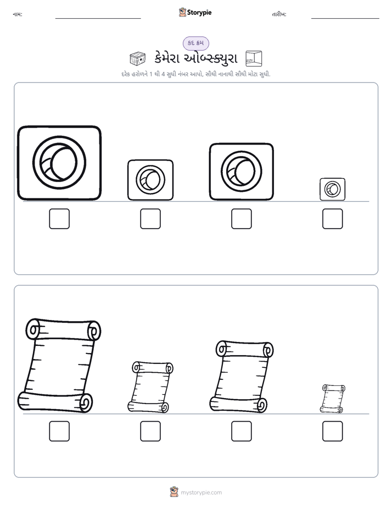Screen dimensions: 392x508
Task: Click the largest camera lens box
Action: coord(59,163)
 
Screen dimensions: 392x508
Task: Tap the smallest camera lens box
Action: coord(333,189)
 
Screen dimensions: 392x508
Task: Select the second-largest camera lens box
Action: coord(241,172)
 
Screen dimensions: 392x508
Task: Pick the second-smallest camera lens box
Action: coord(150,180)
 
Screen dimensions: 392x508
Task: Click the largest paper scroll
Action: coord(59,366)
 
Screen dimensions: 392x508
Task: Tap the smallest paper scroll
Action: coord(333,399)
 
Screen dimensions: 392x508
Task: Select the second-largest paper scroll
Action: coord(241,377)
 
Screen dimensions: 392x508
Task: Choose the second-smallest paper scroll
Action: coord(150,387)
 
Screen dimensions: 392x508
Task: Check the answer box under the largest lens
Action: coord(59,219)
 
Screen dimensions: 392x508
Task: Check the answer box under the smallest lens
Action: coord(333,219)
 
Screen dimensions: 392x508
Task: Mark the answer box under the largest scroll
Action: coord(59,431)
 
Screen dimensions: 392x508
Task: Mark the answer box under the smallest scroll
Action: coord(333,431)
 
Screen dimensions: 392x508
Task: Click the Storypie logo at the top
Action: coord(195,12)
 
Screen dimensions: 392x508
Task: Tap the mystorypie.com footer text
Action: coord(201,493)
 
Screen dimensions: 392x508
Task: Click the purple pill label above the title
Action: coord(196,43)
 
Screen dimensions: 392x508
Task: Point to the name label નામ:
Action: coord(18,14)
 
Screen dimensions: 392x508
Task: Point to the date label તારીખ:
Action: coord(279,14)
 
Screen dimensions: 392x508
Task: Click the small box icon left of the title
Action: coord(137,58)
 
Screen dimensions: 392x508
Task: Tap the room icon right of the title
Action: coord(254,58)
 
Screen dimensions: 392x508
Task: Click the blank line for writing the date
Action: coord(345,19)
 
